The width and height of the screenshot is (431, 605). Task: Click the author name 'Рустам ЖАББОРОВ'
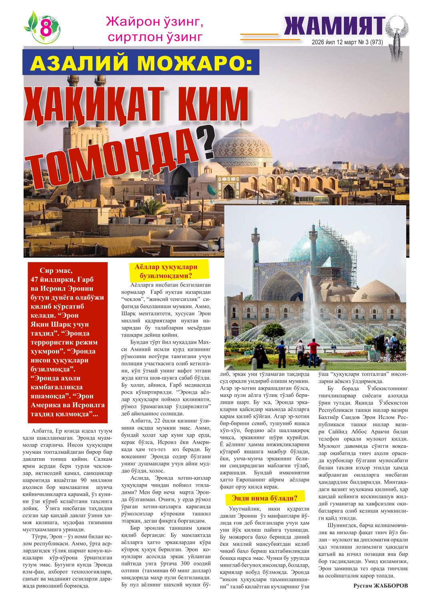[x=381, y=585]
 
